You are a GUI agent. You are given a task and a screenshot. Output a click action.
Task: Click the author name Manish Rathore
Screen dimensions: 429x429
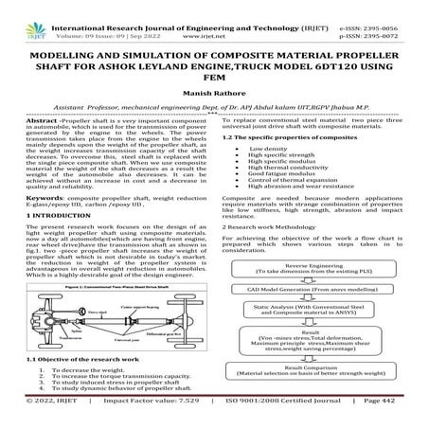(x=214, y=95)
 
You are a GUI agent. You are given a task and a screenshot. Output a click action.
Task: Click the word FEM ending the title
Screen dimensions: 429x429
(x=214, y=80)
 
